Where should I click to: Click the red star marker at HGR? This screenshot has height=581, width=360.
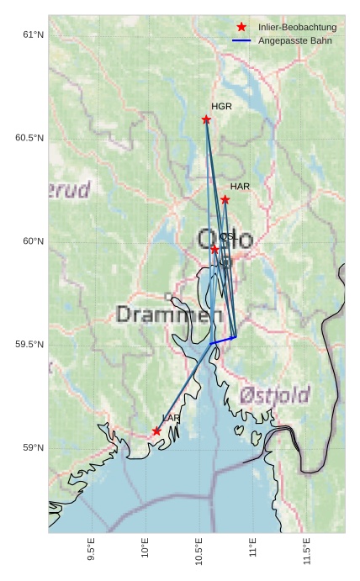206,119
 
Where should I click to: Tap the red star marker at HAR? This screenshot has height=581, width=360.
225,200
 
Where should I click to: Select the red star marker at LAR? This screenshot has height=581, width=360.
156,431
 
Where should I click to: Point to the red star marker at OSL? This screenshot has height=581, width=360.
214,250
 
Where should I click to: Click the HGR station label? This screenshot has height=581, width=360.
221,107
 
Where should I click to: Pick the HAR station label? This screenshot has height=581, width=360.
240,186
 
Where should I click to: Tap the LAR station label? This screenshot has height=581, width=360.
171,418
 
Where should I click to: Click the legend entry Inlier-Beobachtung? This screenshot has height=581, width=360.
297,27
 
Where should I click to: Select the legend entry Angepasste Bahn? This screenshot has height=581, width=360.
294,40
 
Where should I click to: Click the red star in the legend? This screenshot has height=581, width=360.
241,27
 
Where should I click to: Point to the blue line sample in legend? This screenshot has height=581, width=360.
241,40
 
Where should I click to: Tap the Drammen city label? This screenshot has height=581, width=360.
163,315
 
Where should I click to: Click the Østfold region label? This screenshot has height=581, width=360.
274,394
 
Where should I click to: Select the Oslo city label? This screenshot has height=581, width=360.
225,239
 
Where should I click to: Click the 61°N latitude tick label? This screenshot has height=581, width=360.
32,34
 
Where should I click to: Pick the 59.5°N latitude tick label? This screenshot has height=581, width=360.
29,345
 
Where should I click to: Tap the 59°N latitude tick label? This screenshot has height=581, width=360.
32,448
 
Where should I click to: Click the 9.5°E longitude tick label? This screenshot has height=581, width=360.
92,550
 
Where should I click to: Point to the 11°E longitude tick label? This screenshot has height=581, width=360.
252,550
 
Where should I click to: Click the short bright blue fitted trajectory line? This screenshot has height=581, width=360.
223,340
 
